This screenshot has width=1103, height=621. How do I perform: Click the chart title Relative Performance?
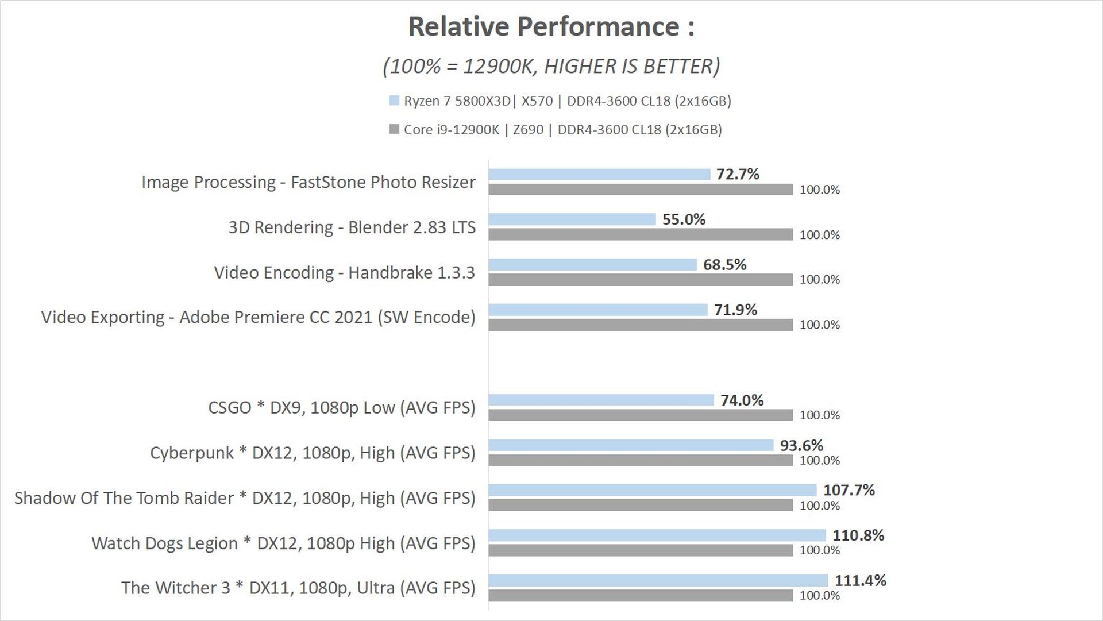pyautogui.click(x=551, y=27)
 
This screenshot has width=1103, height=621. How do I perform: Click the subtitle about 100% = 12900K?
pyautogui.click(x=551, y=67)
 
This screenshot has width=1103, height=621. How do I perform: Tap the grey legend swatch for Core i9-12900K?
pyautogui.click(x=394, y=129)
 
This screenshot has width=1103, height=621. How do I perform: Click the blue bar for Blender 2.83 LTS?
pyautogui.click(x=572, y=219)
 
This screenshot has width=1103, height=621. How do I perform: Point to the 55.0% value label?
pyautogui.click(x=684, y=219)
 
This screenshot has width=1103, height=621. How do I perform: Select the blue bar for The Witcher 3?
pyautogui.click(x=658, y=580)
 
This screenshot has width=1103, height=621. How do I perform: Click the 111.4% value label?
pyautogui.click(x=860, y=580)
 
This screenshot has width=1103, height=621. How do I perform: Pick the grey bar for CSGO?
pyautogui.click(x=641, y=415)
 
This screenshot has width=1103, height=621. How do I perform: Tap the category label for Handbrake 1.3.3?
pyautogui.click(x=344, y=272)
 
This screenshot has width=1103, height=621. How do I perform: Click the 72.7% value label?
pyautogui.click(x=738, y=174)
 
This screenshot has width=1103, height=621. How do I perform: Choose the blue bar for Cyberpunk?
pyautogui.click(x=631, y=445)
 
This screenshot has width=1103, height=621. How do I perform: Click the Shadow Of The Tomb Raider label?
pyautogui.click(x=245, y=498)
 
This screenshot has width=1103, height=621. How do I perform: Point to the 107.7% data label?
pyautogui.click(x=849, y=490)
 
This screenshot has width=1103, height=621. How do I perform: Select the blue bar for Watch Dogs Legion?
pyautogui.click(x=657, y=535)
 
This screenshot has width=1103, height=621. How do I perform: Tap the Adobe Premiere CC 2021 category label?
pyautogui.click(x=258, y=317)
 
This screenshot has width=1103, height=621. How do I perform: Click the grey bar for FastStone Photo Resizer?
pyautogui.click(x=641, y=190)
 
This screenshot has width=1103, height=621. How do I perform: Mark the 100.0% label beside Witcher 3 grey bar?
pyautogui.click(x=819, y=596)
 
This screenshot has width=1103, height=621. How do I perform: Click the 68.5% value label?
pyautogui.click(x=724, y=264)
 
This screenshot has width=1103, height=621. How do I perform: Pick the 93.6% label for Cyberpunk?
pyautogui.click(x=801, y=445)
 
